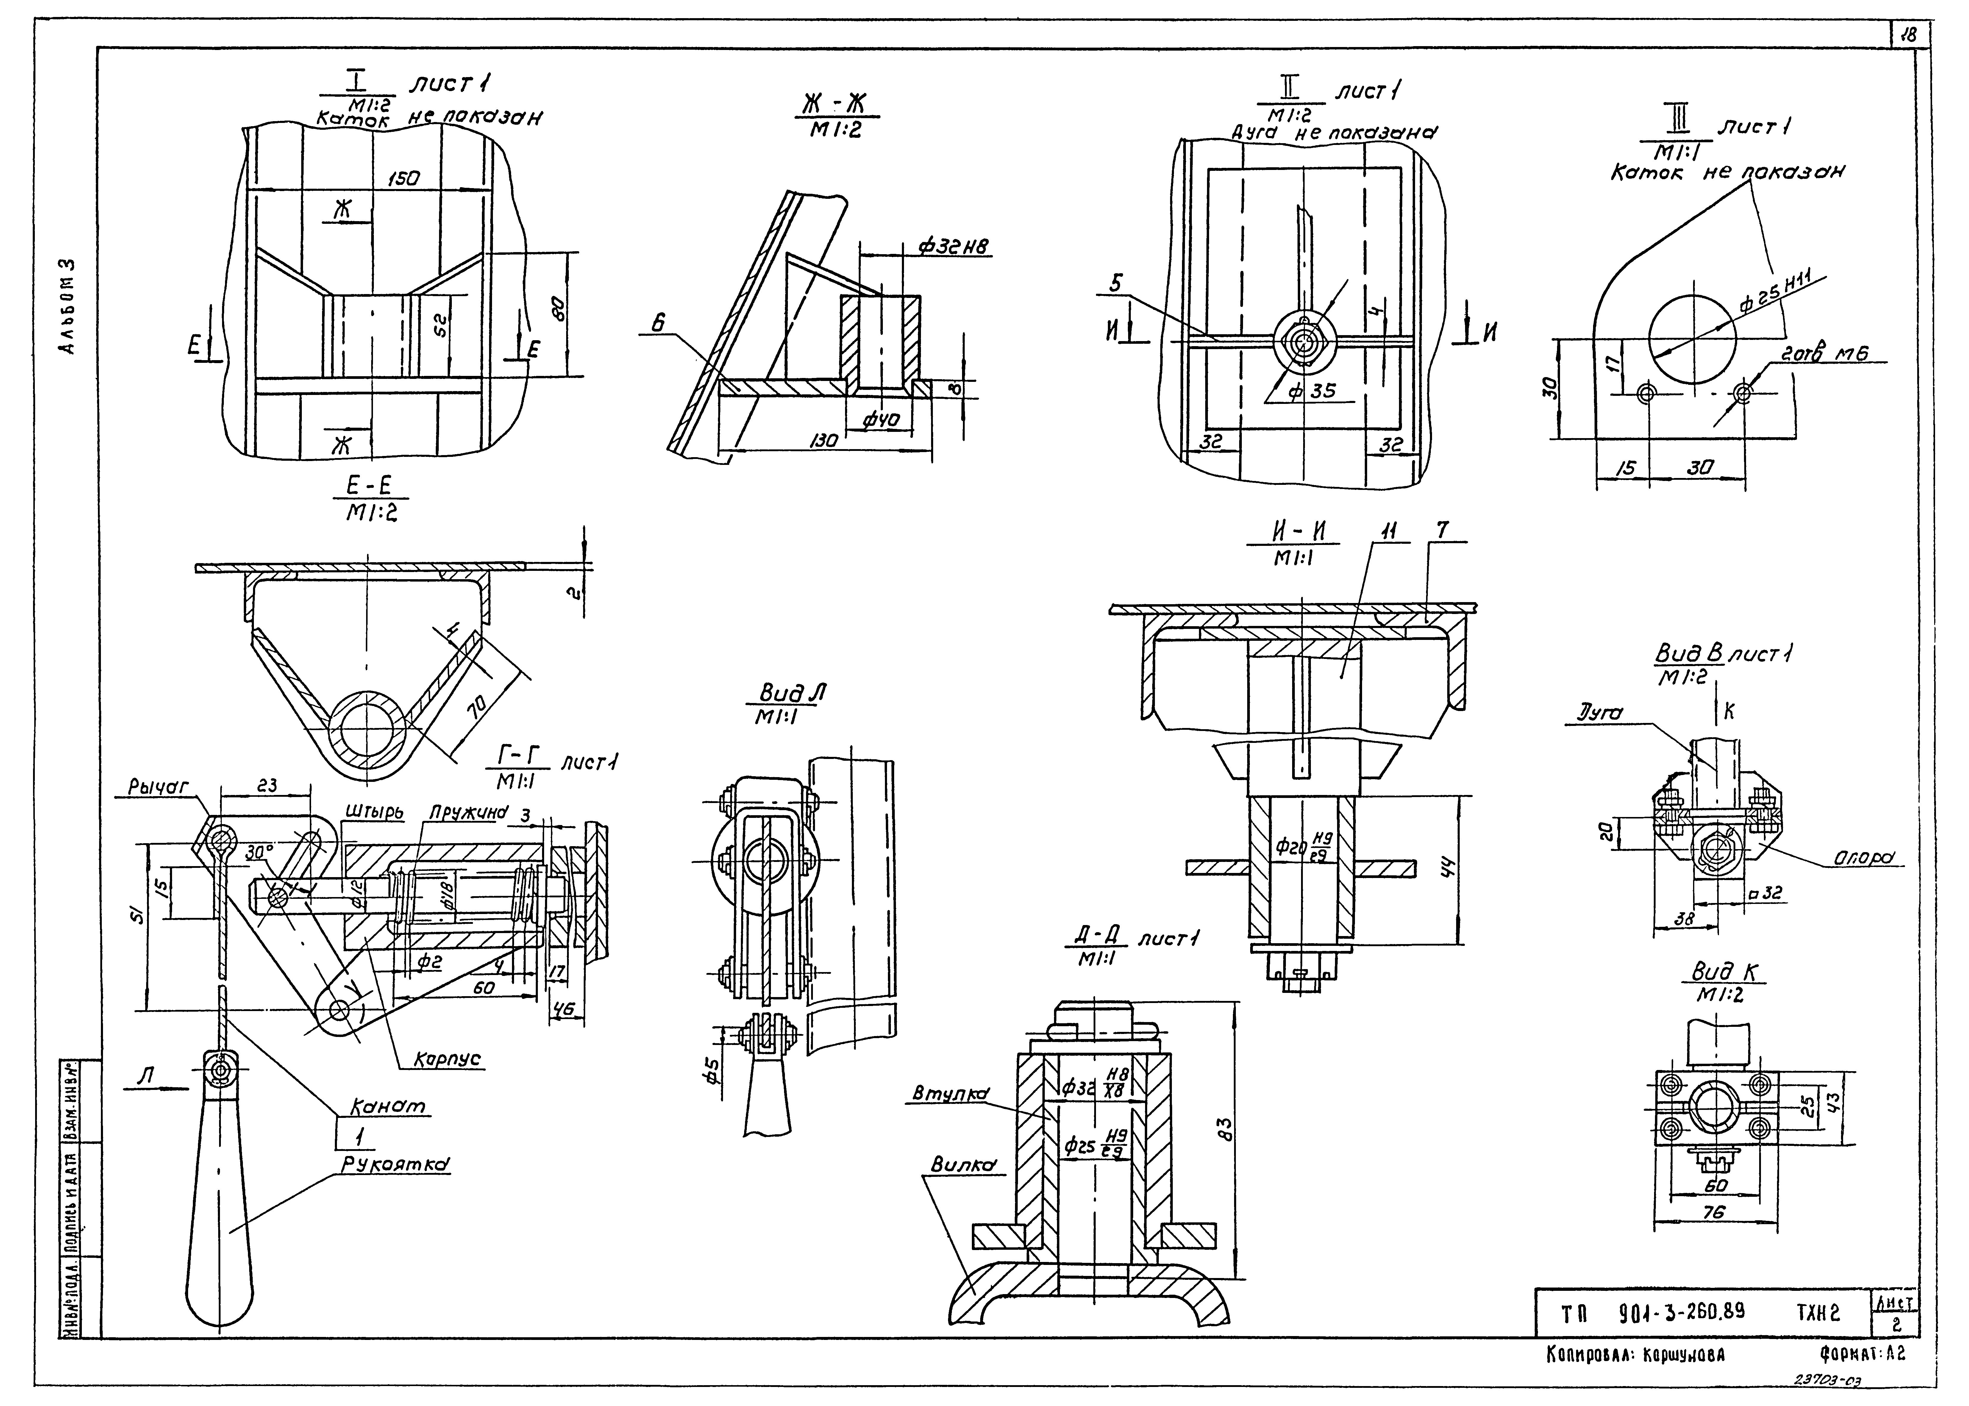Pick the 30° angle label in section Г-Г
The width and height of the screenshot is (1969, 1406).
(x=257, y=853)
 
